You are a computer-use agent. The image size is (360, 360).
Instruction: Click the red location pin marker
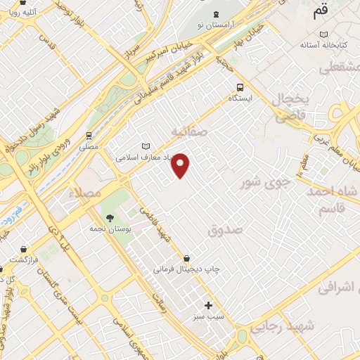click(181, 165)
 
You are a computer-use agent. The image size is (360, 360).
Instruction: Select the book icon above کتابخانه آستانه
click(323, 34)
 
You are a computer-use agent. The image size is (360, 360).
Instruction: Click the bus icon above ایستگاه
click(240, 87)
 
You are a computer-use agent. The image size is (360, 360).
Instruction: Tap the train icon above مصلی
click(89, 136)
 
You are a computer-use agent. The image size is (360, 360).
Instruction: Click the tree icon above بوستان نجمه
click(108, 216)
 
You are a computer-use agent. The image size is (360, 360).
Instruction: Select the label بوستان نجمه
click(108, 229)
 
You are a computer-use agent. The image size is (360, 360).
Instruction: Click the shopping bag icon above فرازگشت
click(25, 248)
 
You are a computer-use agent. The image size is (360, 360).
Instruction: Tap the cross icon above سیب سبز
click(208, 305)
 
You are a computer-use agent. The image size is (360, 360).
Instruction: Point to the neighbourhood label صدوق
click(225, 229)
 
